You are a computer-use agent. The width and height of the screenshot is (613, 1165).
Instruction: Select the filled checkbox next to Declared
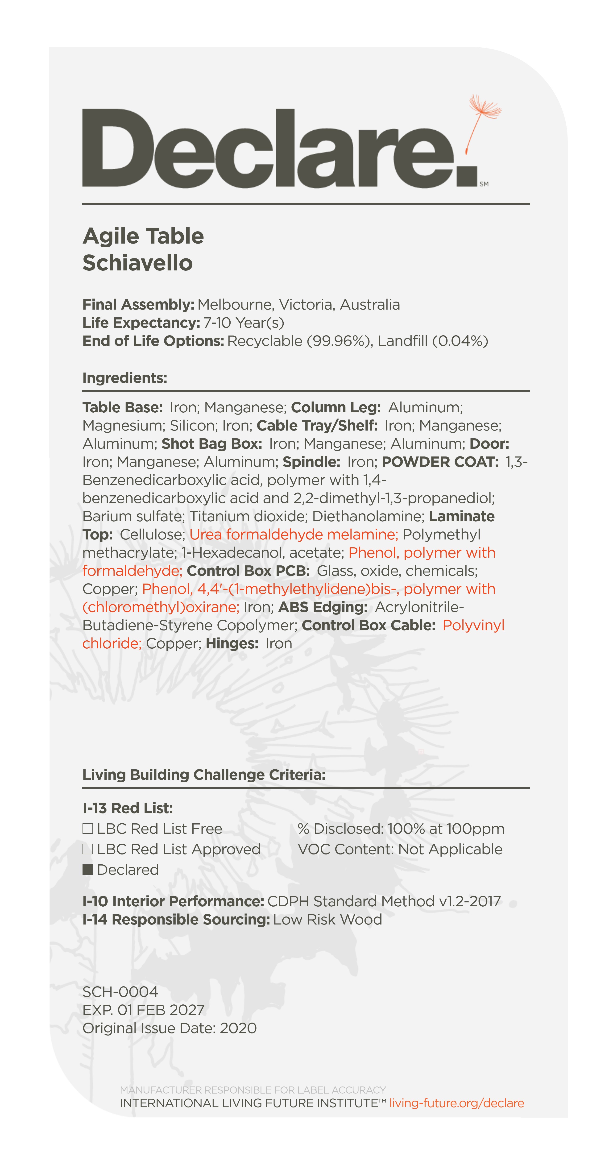pos(88,869)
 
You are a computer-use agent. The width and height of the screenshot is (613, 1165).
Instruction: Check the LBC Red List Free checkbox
pos(88,829)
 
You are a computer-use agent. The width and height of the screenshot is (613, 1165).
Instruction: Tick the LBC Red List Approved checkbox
pos(88,849)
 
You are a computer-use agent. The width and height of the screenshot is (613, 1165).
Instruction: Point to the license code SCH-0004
pos(120,992)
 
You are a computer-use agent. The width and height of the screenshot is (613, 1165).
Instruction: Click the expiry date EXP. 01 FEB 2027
pos(143,1010)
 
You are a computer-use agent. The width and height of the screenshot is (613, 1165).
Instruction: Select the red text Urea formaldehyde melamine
pos(293,535)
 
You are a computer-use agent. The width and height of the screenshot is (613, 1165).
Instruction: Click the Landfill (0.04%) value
pos(433,341)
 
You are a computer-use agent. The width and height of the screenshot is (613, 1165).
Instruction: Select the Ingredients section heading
pos(125,378)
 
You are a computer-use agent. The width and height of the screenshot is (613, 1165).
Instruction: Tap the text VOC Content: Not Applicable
pos(400,849)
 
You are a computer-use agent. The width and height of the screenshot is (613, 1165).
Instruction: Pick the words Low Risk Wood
pos(327,919)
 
